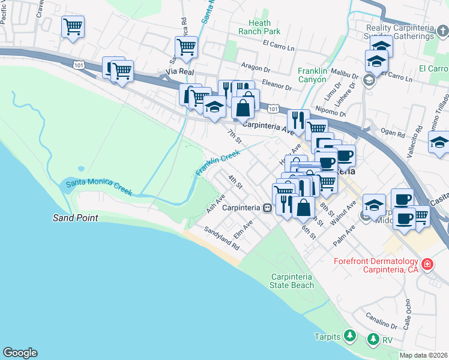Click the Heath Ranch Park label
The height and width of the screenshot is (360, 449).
point(259,27)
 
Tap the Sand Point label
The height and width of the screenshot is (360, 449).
point(75,218)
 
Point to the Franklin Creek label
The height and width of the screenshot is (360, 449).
point(217,164)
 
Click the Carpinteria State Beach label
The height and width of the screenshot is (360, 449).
point(292,281)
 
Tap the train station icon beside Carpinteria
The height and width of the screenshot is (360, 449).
point(267,208)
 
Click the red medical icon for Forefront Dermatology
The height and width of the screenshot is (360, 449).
point(427,264)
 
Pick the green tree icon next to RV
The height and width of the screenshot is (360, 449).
point(373,340)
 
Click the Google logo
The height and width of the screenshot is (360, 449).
point(20,353)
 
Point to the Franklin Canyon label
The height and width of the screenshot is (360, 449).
point(313,75)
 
